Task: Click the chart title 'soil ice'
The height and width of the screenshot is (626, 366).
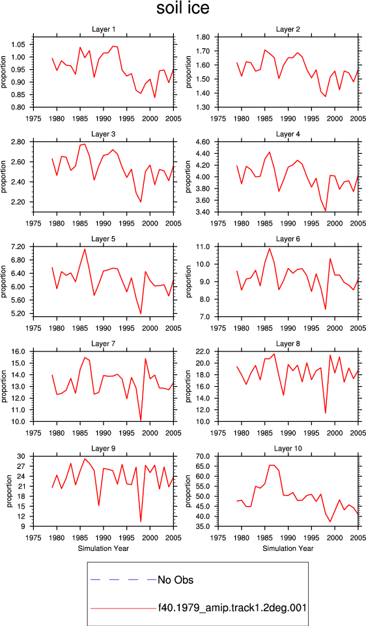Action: pyautogui.click(x=182, y=8)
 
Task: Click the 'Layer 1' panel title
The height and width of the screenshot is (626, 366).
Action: pyautogui.click(x=104, y=29)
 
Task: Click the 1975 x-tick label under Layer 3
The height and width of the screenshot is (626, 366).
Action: pyautogui.click(x=33, y=224)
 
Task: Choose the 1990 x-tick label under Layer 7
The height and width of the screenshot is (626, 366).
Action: pyautogui.click(x=104, y=433)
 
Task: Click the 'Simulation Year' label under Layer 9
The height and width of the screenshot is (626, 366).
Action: pyautogui.click(x=104, y=548)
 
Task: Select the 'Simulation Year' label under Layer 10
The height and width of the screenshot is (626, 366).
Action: pyautogui.click(x=288, y=548)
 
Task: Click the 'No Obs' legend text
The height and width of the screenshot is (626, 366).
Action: pyautogui.click(x=175, y=580)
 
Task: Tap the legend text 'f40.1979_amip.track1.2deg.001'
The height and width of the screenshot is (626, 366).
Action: pyautogui.click(x=232, y=608)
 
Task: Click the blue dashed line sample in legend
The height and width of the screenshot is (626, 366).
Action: pyautogui.click(x=124, y=579)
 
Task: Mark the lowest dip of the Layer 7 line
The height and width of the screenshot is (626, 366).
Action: pyautogui.click(x=141, y=421)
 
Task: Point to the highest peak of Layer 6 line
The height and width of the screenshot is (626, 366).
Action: pyautogui.click(x=270, y=248)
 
